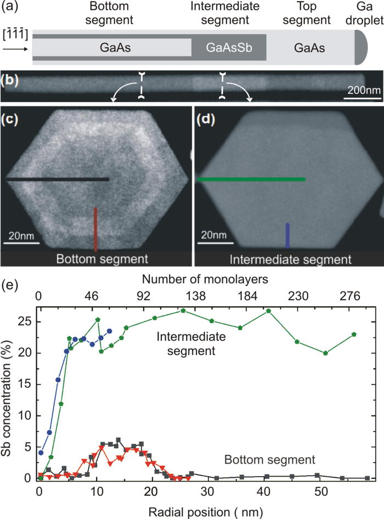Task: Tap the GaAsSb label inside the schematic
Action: [228, 48]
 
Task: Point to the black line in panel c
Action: [58, 179]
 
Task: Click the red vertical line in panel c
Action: [96, 228]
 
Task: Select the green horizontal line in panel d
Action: [251, 179]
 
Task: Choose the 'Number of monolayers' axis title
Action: [210, 279]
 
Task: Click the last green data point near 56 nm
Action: [354, 334]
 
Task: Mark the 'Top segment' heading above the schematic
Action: [303, 21]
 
